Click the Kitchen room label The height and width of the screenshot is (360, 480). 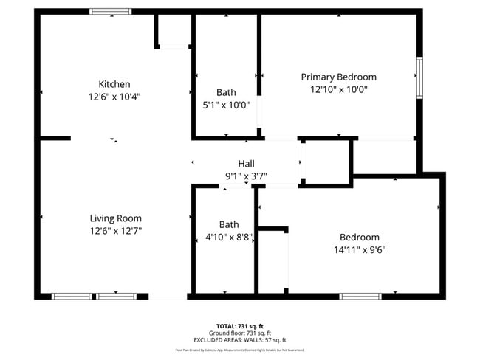click(114, 84)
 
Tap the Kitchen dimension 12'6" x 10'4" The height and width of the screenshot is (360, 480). click(114, 97)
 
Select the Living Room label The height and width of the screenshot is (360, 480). click(115, 218)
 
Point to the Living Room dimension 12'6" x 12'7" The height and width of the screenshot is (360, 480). click(115, 231)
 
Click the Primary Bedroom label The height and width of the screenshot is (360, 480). click(338, 77)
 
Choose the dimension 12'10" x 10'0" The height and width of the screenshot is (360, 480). click(338, 89)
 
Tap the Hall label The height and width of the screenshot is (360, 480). click(246, 164)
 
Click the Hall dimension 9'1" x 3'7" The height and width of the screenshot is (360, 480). click(246, 176)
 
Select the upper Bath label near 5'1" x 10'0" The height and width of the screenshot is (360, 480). click(226, 92)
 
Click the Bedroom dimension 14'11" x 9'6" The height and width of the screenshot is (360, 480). click(360, 249)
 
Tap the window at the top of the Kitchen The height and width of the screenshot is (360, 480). click(111, 11)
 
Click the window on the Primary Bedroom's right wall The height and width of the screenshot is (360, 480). click(419, 77)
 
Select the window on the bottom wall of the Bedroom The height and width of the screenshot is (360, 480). click(360, 296)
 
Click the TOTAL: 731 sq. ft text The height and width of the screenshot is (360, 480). click(239, 326)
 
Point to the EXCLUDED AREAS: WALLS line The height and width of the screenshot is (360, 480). click(239, 340)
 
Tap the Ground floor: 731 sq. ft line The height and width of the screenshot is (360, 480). click(239, 333)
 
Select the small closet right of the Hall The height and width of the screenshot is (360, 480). click(326, 160)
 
